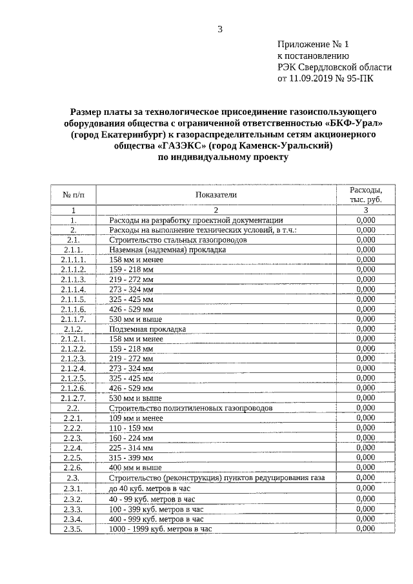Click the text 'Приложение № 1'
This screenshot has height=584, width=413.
(x=312, y=45)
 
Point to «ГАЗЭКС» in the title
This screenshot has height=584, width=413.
(x=183, y=146)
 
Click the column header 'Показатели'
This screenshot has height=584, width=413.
(x=216, y=194)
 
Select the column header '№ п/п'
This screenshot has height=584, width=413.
(x=74, y=194)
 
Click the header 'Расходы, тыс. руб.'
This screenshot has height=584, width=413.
(x=365, y=195)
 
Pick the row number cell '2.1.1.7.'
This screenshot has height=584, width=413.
(x=74, y=319)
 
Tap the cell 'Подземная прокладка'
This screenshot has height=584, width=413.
(x=148, y=328)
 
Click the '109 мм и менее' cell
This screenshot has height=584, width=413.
(x=136, y=418)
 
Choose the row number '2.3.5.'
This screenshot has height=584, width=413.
(x=74, y=529)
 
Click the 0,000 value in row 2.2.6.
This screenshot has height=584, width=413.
(x=365, y=467)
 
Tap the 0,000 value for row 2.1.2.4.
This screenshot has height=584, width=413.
(x=365, y=368)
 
